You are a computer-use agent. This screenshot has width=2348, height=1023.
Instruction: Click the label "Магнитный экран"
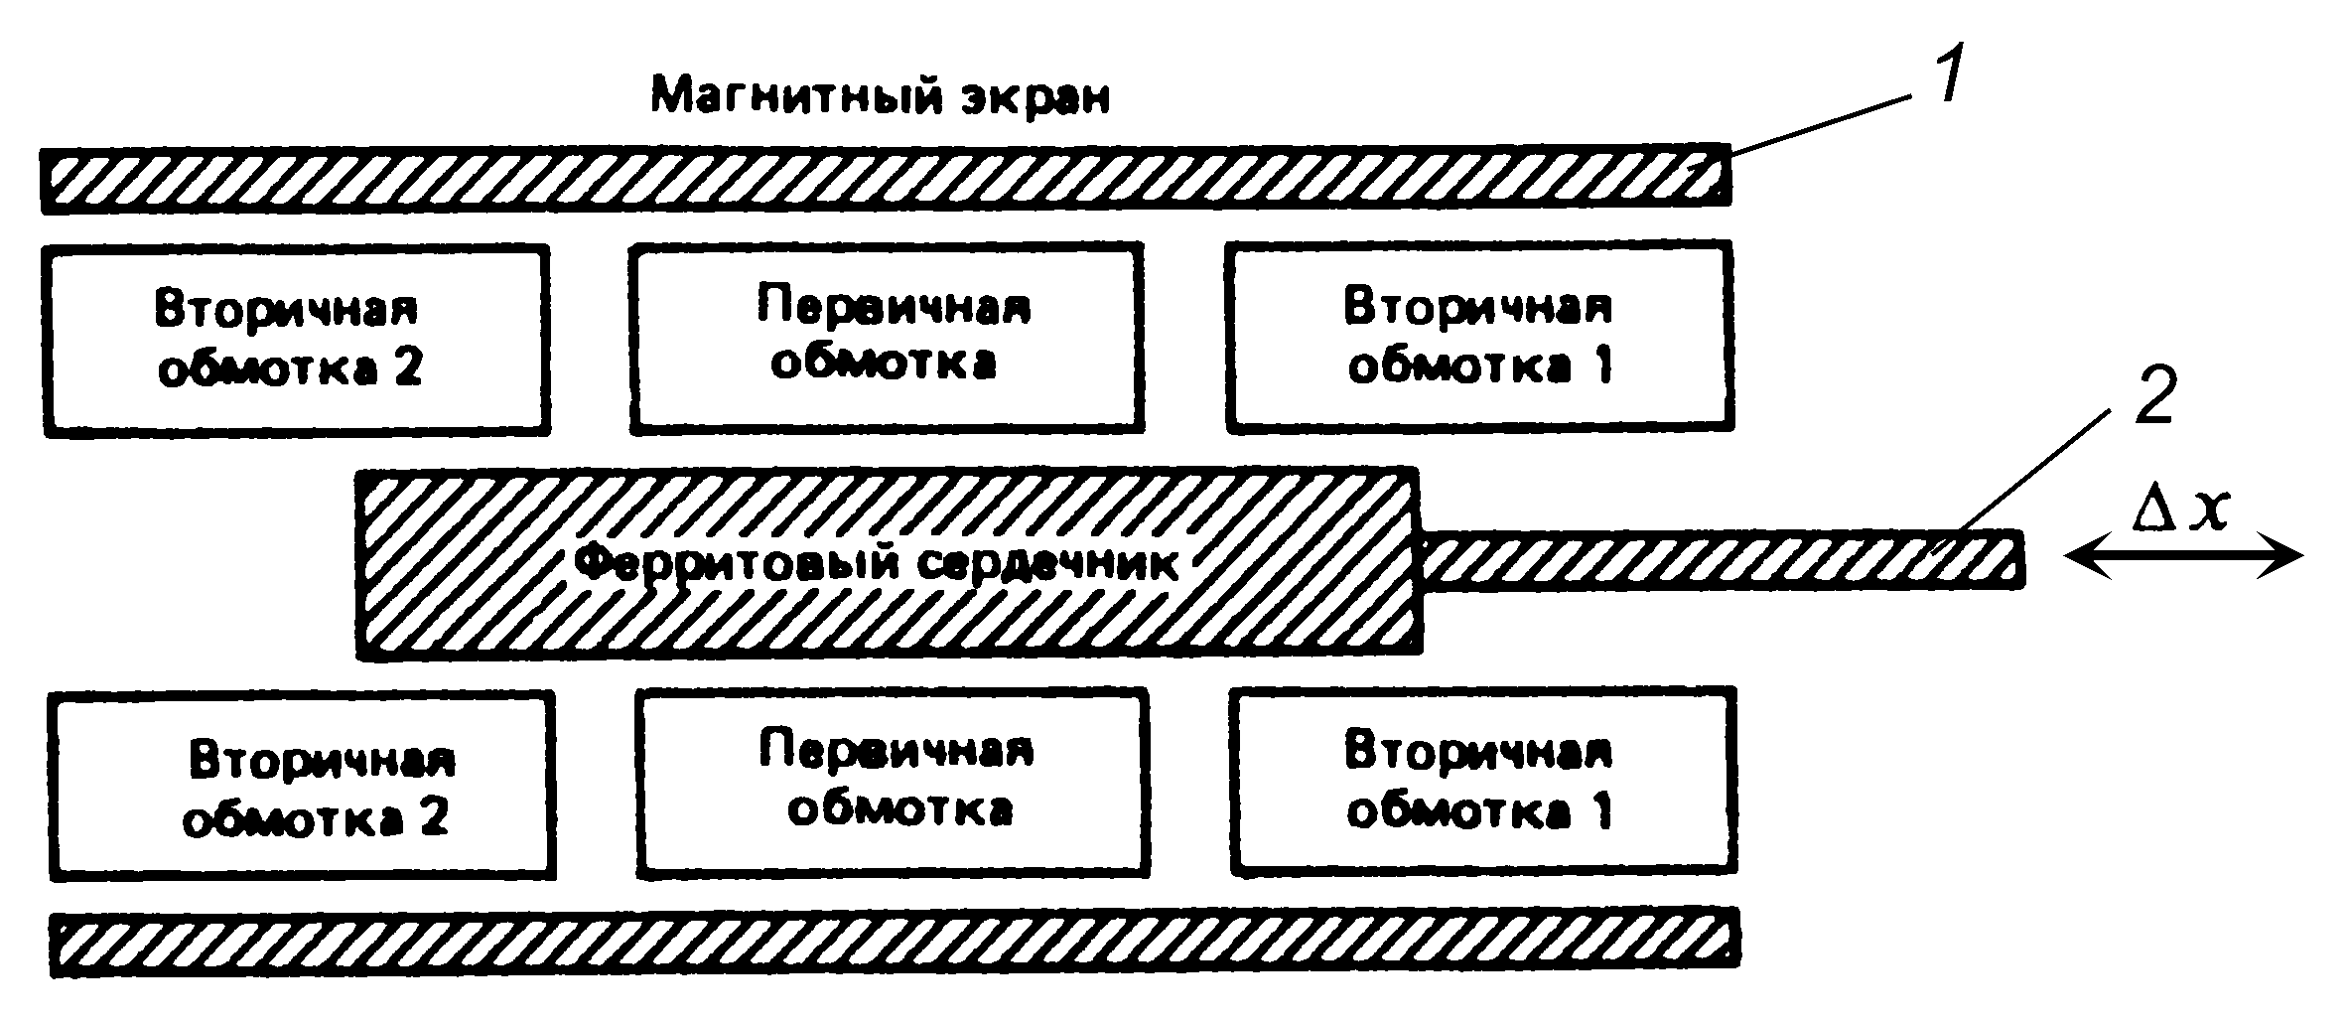tap(880, 97)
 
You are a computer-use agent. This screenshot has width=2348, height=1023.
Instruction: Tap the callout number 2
tap(2153, 396)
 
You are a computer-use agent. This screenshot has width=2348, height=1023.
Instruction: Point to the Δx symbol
tap(2180, 511)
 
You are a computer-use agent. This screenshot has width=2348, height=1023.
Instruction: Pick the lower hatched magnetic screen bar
tap(894, 942)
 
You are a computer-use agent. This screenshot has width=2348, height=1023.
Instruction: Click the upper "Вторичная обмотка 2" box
tap(296, 340)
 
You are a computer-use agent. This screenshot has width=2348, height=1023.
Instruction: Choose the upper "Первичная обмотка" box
tap(886, 338)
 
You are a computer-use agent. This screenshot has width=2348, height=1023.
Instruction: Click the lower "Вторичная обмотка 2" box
tap(302, 787)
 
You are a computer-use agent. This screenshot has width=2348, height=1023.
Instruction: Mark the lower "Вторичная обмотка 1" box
tap(1483, 781)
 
